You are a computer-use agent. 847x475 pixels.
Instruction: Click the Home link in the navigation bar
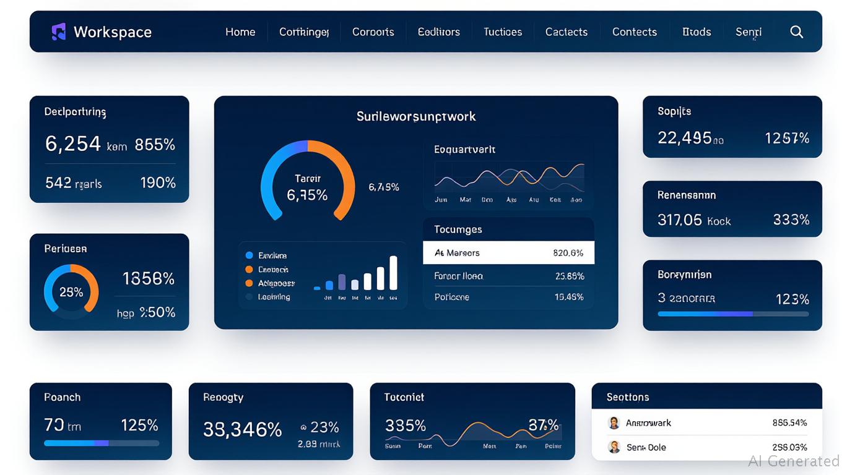(x=240, y=32)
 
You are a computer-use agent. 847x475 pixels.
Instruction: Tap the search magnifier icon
(x=797, y=32)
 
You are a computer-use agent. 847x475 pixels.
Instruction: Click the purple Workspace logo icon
(x=58, y=32)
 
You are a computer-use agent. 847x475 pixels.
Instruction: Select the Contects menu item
(x=634, y=32)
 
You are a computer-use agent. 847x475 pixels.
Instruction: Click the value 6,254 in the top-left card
(x=72, y=144)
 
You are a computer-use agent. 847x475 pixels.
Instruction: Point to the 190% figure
(x=158, y=183)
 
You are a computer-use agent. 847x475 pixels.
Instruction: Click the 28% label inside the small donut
(x=71, y=292)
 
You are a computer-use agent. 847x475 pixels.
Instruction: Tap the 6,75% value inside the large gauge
(x=307, y=195)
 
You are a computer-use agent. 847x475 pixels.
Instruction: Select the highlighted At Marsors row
(x=508, y=253)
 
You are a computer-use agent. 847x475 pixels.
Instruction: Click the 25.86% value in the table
(x=570, y=276)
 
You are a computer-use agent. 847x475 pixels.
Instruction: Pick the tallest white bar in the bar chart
(x=393, y=273)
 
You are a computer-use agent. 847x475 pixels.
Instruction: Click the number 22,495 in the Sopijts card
(x=684, y=138)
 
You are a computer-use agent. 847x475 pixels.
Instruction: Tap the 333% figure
(x=791, y=220)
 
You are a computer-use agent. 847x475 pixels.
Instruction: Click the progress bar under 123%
(x=732, y=314)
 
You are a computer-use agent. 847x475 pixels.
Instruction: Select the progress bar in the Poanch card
(x=102, y=443)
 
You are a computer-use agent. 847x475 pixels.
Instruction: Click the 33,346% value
(x=242, y=429)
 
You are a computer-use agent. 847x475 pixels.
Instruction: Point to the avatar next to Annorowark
(x=614, y=423)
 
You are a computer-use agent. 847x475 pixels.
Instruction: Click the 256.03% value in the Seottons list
(x=789, y=447)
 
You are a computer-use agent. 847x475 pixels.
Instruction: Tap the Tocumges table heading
(x=458, y=229)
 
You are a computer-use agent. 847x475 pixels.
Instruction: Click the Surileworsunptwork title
(x=416, y=116)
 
